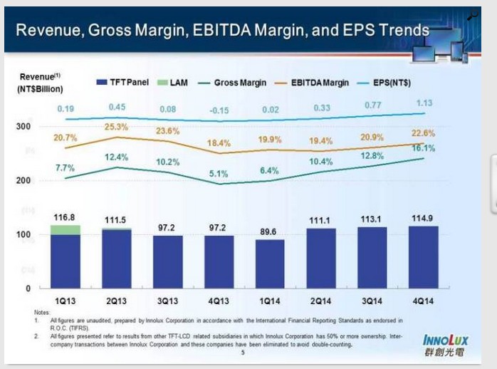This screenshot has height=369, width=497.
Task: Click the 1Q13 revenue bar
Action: [65, 260]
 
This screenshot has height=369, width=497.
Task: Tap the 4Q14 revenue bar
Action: [424, 256]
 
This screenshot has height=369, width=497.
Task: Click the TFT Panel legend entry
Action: [122, 83]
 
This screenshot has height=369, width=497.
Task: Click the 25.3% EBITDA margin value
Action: [117, 127]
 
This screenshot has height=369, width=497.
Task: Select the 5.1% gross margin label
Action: [219, 173]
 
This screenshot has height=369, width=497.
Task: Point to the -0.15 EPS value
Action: [219, 110]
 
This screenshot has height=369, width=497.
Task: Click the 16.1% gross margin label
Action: [423, 148]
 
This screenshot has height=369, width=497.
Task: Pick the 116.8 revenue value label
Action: [65, 216]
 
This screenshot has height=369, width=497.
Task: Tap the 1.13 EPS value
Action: [424, 103]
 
